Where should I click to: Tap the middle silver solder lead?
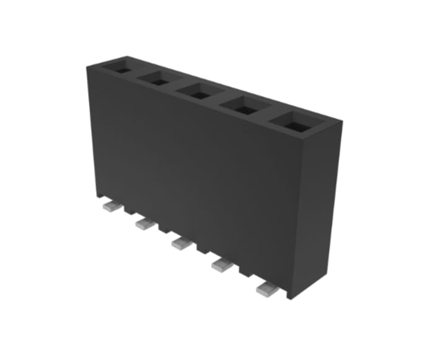pyautogui.click(x=180, y=243)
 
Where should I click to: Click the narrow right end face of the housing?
pyautogui.click(x=322, y=205)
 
